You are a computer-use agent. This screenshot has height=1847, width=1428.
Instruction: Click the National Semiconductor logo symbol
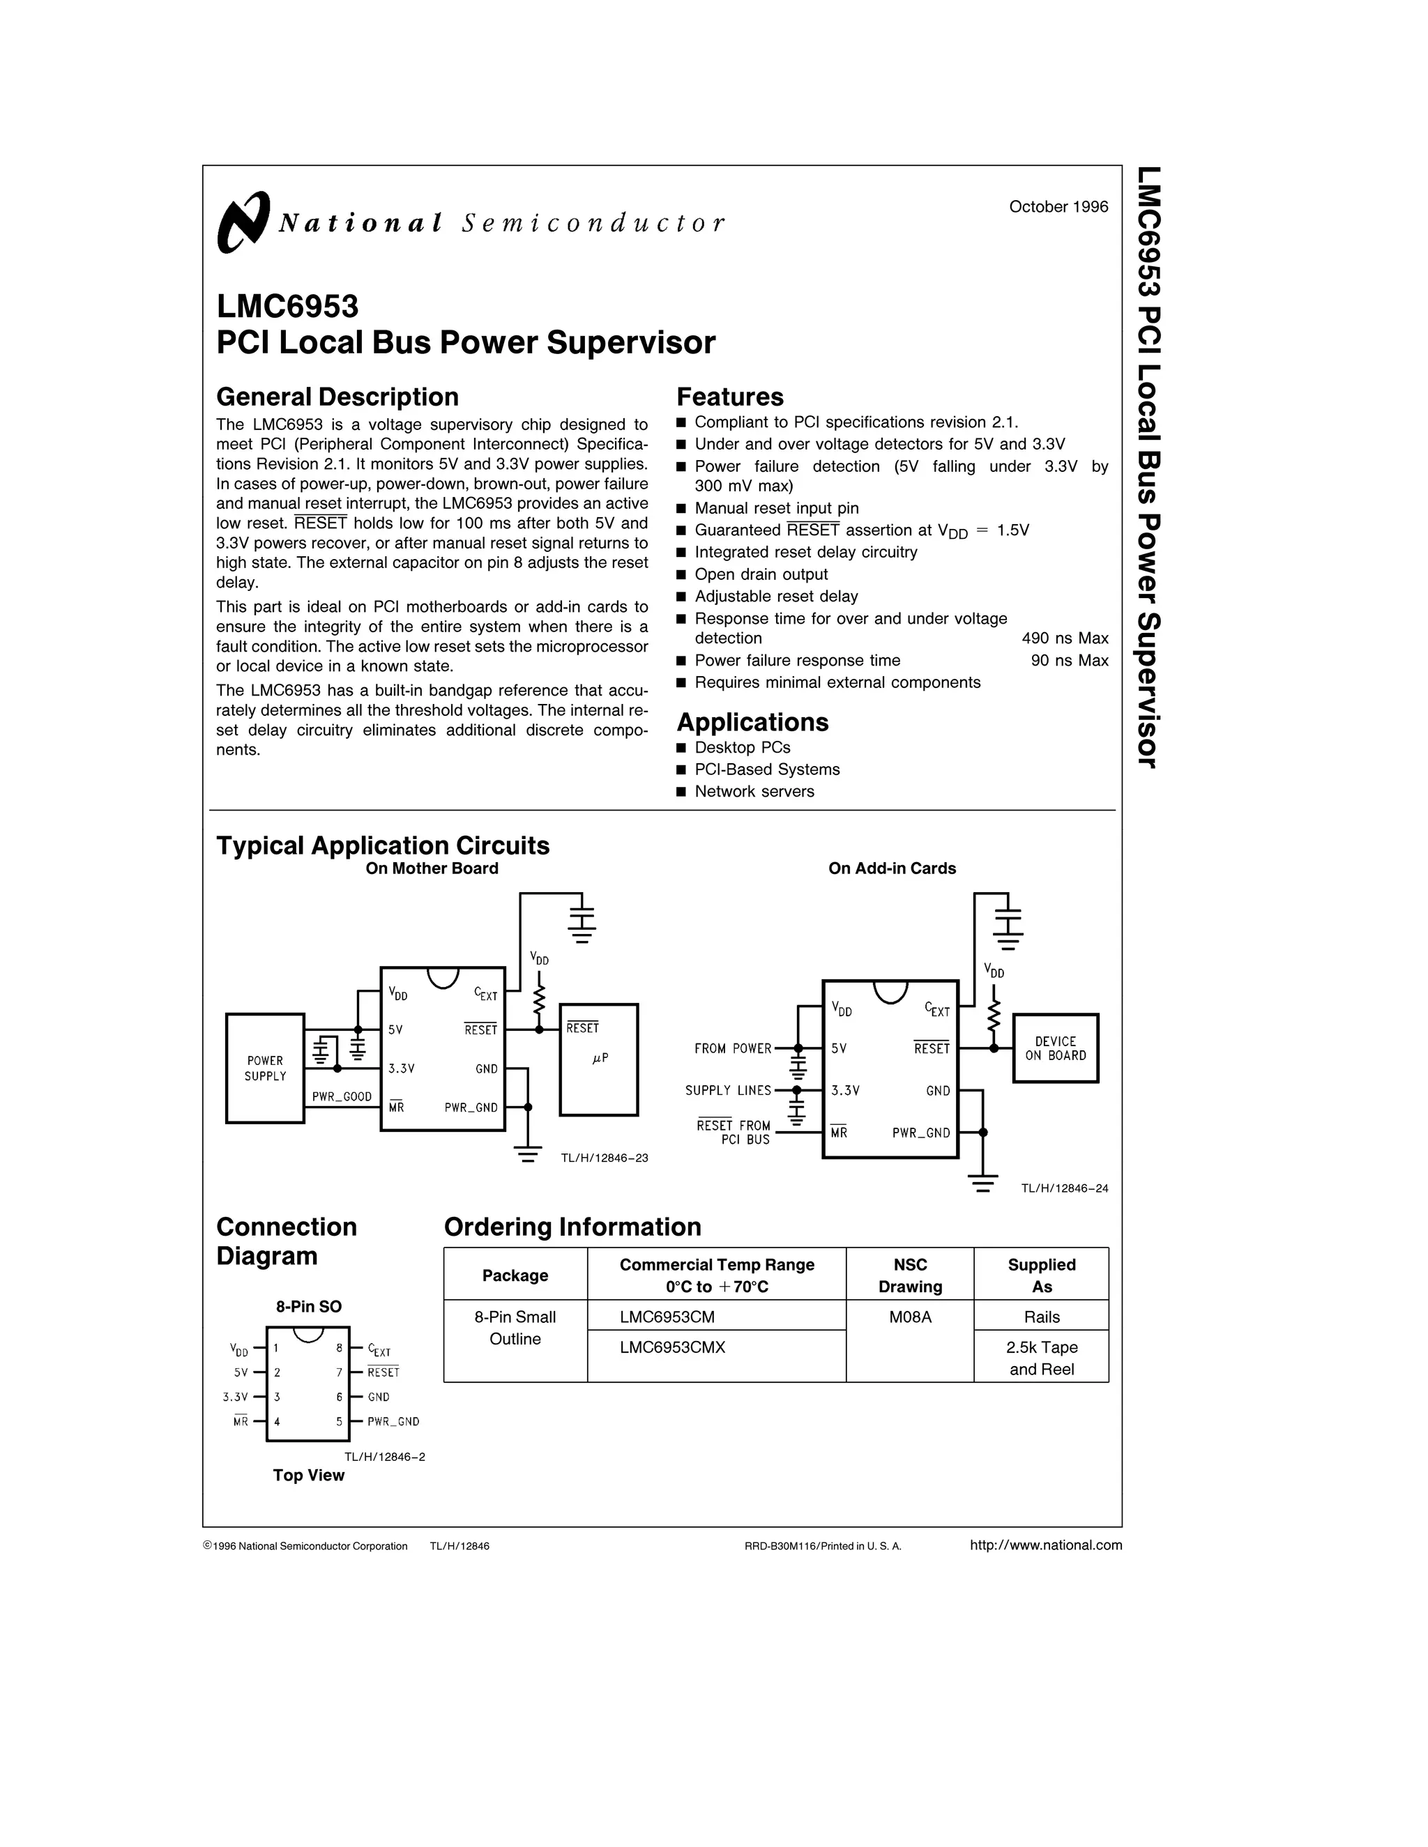243,222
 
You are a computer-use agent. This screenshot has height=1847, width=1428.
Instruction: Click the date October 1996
1058,207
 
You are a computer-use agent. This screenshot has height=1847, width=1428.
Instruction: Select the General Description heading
337,397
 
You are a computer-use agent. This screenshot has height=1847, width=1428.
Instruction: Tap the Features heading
729,397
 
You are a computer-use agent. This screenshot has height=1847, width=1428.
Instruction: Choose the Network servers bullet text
754,792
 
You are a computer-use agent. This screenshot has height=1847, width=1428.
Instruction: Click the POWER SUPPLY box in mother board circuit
266,1068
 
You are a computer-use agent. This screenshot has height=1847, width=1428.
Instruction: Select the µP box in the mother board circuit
599,1059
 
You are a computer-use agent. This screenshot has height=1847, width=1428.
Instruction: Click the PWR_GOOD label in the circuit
342,1097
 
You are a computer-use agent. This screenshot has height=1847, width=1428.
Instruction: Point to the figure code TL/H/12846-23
604,1158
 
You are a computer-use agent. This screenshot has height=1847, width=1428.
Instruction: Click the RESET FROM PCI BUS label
733,1133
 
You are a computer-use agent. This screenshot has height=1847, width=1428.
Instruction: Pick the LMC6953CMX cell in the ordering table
671,1347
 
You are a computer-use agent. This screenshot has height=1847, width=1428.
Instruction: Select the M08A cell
909,1317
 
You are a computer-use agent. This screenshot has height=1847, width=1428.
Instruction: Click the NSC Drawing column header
909,1275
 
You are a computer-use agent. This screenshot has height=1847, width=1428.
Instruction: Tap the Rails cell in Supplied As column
1042,1317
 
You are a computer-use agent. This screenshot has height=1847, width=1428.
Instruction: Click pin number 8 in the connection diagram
340,1348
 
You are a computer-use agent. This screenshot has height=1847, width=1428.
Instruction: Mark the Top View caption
308,1476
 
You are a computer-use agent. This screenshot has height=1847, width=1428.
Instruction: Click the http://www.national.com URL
1046,1545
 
